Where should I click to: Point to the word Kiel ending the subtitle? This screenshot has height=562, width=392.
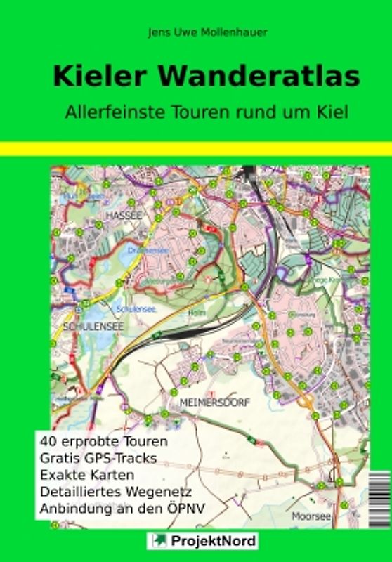coord(334,112)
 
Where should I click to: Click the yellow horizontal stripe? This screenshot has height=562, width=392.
coord(196,148)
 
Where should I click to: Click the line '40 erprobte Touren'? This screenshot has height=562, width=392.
coord(104,443)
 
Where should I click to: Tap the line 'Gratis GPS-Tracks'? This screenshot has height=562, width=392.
coord(98,458)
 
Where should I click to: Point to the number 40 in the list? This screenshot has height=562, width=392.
coord(48,443)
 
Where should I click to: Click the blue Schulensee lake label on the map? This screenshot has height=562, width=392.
coord(130,308)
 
